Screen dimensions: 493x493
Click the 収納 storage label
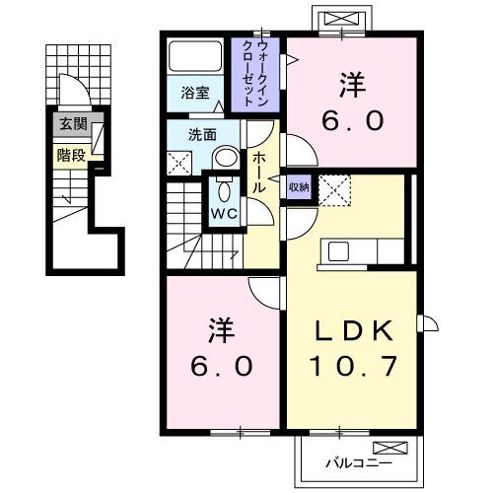299,186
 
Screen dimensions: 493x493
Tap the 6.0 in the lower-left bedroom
222,365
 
